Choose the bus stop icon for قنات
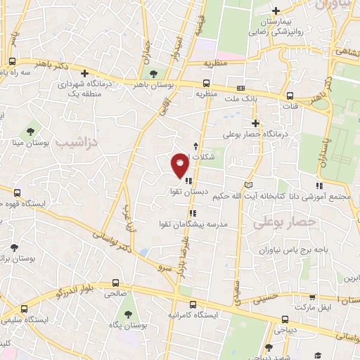tap(290, 96)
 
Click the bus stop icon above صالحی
tap(114, 284)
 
